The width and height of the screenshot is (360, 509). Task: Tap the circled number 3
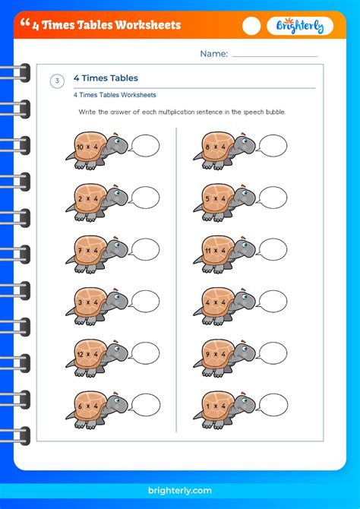pos(57,82)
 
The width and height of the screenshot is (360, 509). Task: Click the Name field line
pos(274,55)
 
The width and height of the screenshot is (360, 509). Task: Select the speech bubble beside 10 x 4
pos(145,145)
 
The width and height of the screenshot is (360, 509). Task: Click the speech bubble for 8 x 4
pos(273,145)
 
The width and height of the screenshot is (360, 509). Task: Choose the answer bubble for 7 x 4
pos(145,249)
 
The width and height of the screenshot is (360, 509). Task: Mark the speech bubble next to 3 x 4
pos(145,301)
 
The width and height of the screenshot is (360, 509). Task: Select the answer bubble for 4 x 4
pos(273,301)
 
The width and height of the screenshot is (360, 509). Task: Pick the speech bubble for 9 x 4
pos(273,353)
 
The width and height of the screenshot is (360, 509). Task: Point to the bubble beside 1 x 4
pos(273,404)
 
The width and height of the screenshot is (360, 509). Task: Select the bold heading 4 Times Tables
pos(106,78)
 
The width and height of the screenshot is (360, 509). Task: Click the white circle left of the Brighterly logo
pos(251,26)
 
